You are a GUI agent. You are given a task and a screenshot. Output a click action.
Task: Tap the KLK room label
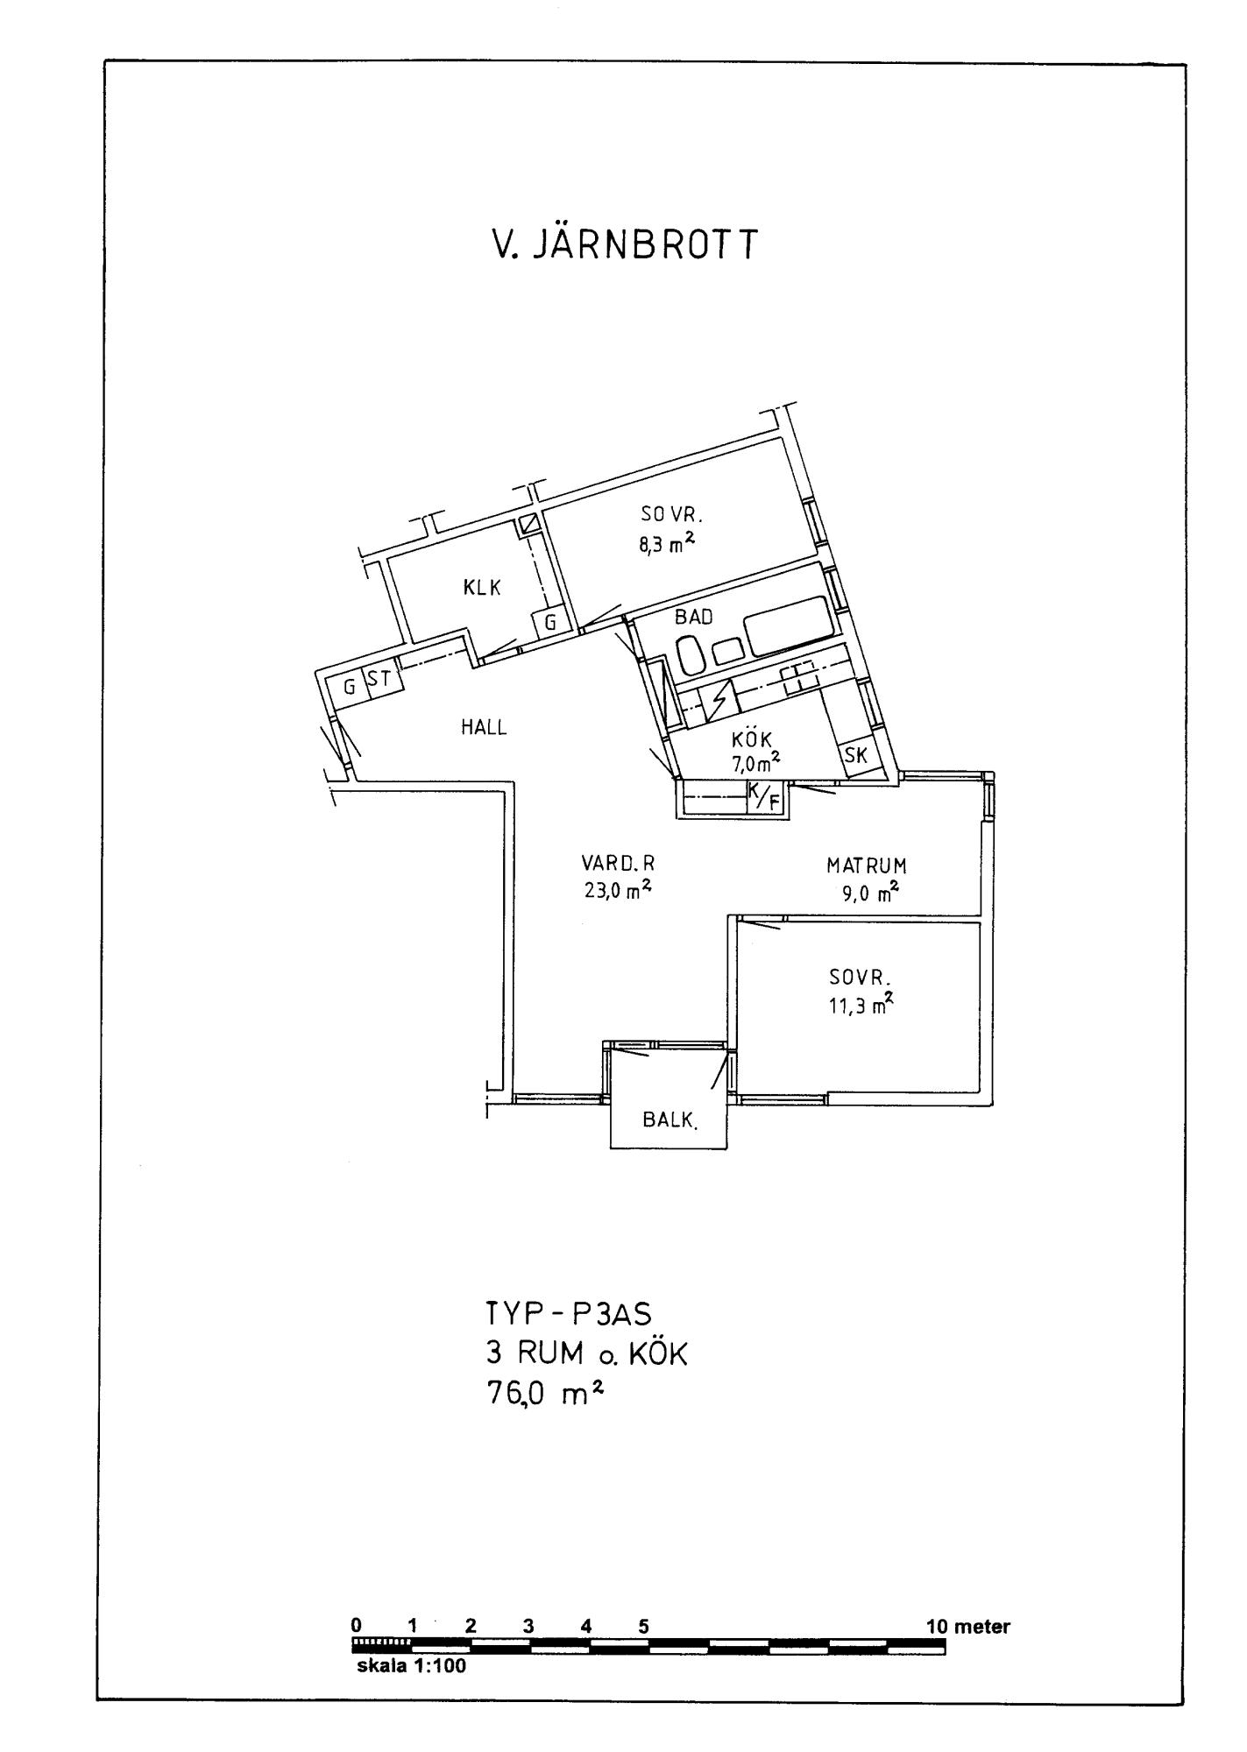click(482, 588)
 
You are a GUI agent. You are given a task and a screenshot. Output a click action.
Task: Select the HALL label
click(484, 727)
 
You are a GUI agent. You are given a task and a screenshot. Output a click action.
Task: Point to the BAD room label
click(693, 617)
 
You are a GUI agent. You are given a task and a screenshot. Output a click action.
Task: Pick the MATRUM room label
click(866, 866)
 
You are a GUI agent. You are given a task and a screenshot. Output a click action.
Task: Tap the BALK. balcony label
click(670, 1120)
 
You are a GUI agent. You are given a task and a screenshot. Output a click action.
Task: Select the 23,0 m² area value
click(618, 890)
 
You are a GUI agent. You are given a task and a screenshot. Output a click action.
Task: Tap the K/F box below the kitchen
click(763, 796)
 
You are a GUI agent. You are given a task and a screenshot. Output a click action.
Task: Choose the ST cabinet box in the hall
click(379, 680)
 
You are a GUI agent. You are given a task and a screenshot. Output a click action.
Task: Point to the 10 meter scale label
click(968, 1627)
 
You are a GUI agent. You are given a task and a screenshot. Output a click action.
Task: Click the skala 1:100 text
click(411, 1666)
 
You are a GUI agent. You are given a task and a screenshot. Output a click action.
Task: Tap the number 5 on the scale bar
click(643, 1627)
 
